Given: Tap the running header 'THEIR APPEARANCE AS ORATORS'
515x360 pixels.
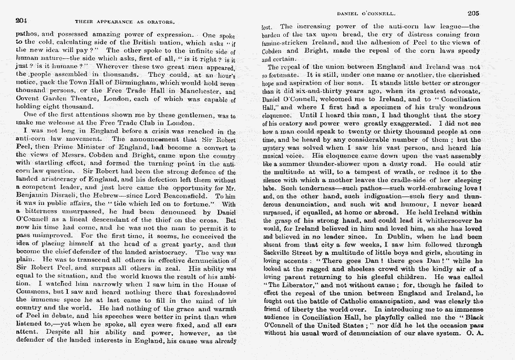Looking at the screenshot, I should [x=125, y=22].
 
